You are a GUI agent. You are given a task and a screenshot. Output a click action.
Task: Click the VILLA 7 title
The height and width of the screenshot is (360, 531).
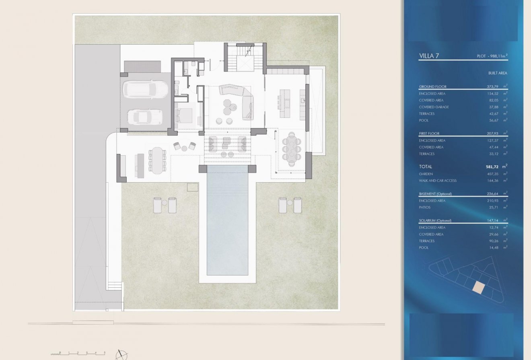click(429, 56)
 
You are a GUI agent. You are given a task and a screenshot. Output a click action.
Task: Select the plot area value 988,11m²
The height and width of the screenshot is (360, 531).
click(490, 56)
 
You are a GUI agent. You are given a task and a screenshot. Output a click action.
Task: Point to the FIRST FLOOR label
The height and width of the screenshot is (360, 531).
click(429, 134)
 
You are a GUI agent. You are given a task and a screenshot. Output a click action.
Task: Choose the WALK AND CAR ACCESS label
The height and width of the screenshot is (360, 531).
click(438, 181)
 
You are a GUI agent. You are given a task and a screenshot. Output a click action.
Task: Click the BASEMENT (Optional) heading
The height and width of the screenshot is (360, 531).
click(435, 194)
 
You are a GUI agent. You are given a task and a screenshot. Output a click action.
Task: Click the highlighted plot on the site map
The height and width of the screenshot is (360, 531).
click(478, 288)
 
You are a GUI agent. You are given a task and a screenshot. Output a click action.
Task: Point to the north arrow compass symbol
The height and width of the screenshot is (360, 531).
click(121, 354)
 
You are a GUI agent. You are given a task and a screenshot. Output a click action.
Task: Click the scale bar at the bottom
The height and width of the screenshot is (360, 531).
click(78, 354)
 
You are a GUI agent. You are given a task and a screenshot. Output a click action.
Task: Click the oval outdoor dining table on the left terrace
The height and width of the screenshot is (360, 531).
click(157, 160)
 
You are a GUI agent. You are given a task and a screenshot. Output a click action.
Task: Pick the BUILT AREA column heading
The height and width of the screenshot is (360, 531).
click(497, 73)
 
